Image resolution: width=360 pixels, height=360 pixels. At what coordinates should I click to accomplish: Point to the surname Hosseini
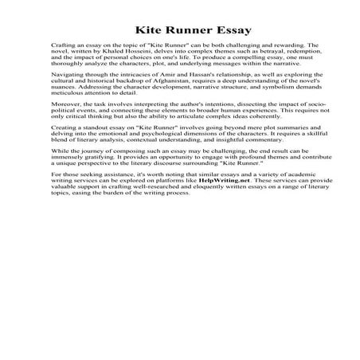coord(134,53)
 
